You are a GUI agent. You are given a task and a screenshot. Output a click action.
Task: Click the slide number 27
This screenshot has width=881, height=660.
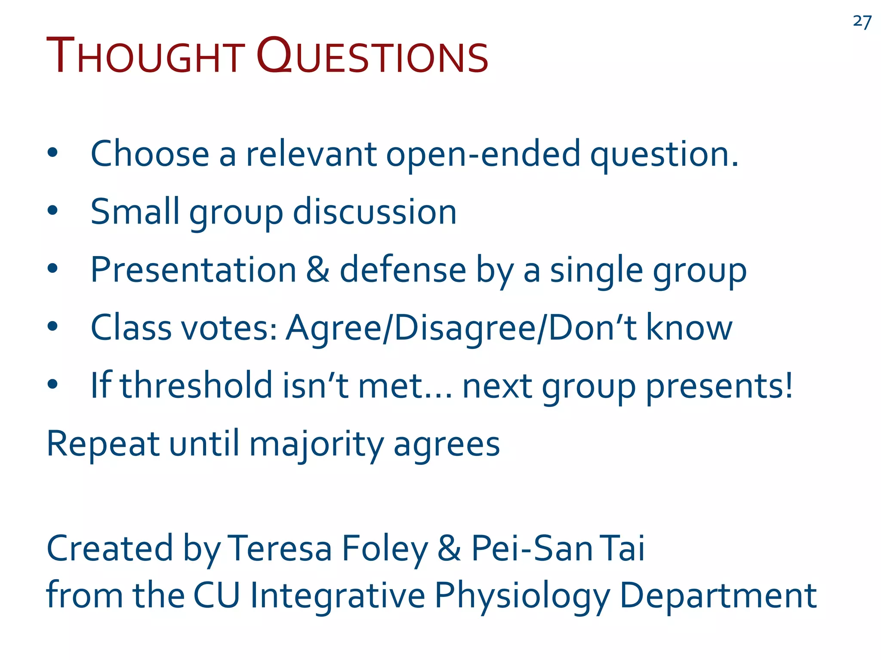point(862,21)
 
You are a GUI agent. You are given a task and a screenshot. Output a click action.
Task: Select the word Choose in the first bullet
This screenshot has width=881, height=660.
point(150,154)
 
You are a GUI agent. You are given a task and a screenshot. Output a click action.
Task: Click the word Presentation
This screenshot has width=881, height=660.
point(194,270)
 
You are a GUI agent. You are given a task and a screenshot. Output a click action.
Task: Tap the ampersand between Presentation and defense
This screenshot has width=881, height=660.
point(318,270)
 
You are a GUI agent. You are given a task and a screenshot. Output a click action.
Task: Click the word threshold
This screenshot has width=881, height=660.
point(196,385)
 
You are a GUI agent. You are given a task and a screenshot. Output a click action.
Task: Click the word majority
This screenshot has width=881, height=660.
point(316,444)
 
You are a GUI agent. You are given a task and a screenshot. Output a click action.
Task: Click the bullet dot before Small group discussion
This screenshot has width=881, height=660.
point(52,211)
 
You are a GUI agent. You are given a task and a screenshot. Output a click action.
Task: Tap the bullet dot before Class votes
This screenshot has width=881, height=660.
point(52,327)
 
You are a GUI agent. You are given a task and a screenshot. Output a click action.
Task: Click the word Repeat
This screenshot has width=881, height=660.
point(103,444)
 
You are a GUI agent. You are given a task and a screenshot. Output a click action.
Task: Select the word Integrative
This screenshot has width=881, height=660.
point(337,596)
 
